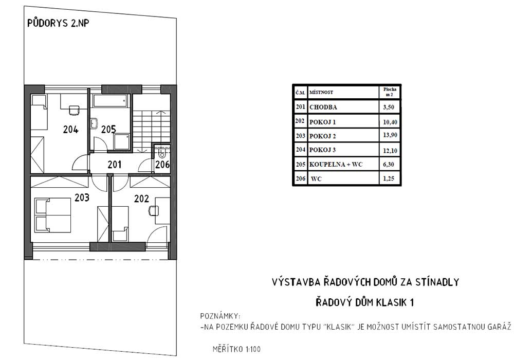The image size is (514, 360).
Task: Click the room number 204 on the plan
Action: pyautogui.click(x=71, y=130)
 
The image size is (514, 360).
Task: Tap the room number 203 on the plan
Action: pyautogui.click(x=82, y=197)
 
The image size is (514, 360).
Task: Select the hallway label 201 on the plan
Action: pyautogui.click(x=115, y=164)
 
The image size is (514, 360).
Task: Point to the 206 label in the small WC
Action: pyautogui.click(x=162, y=164)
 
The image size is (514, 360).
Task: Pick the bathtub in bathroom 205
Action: pyautogui.click(x=110, y=101)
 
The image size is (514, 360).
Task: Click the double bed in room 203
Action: pyautogui.click(x=53, y=215)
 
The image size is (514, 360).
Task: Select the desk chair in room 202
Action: pyautogui.click(x=154, y=210)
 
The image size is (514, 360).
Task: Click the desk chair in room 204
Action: pyautogui.click(x=74, y=110)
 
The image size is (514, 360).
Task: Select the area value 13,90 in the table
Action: pyautogui.click(x=390, y=135)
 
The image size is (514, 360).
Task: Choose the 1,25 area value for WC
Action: pyautogui.click(x=389, y=178)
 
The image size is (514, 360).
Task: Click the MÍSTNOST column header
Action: pyautogui.click(x=321, y=93)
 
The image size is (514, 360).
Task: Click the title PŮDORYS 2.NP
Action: pyautogui.click(x=58, y=23)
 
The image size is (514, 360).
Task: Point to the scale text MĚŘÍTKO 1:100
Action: pyautogui.click(x=236, y=349)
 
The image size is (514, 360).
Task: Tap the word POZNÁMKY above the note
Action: pyautogui.click(x=221, y=316)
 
